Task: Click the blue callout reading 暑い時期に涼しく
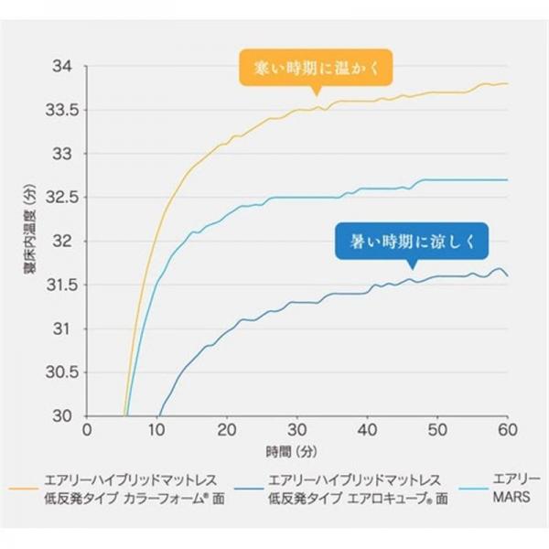412,242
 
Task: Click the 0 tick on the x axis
87,430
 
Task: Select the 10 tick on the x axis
157,430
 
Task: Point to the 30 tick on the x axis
297,430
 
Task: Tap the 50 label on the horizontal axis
437,430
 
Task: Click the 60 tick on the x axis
507,430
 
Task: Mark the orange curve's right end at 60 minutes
507,83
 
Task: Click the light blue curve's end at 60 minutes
507,179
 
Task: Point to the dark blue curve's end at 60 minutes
507,275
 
